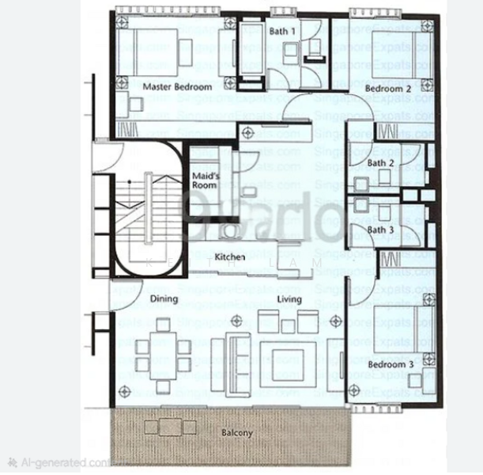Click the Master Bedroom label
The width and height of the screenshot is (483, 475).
click(177, 86)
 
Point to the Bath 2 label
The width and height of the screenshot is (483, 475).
click(380, 163)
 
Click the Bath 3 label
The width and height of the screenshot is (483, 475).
click(380, 230)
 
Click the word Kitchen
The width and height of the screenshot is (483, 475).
click(230, 257)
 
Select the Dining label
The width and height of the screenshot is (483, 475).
click(164, 299)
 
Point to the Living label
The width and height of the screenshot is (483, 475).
click(289, 299)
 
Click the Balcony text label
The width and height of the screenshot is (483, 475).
click(236, 433)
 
